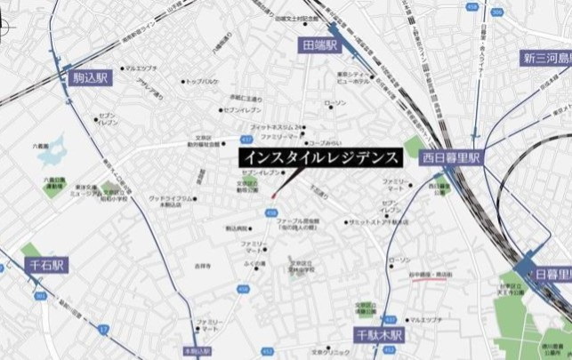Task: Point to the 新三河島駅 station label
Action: tap(546, 59)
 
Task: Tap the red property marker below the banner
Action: tap(274, 195)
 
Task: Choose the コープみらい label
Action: tap(326, 143)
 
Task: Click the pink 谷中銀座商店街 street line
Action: tap(408, 287)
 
